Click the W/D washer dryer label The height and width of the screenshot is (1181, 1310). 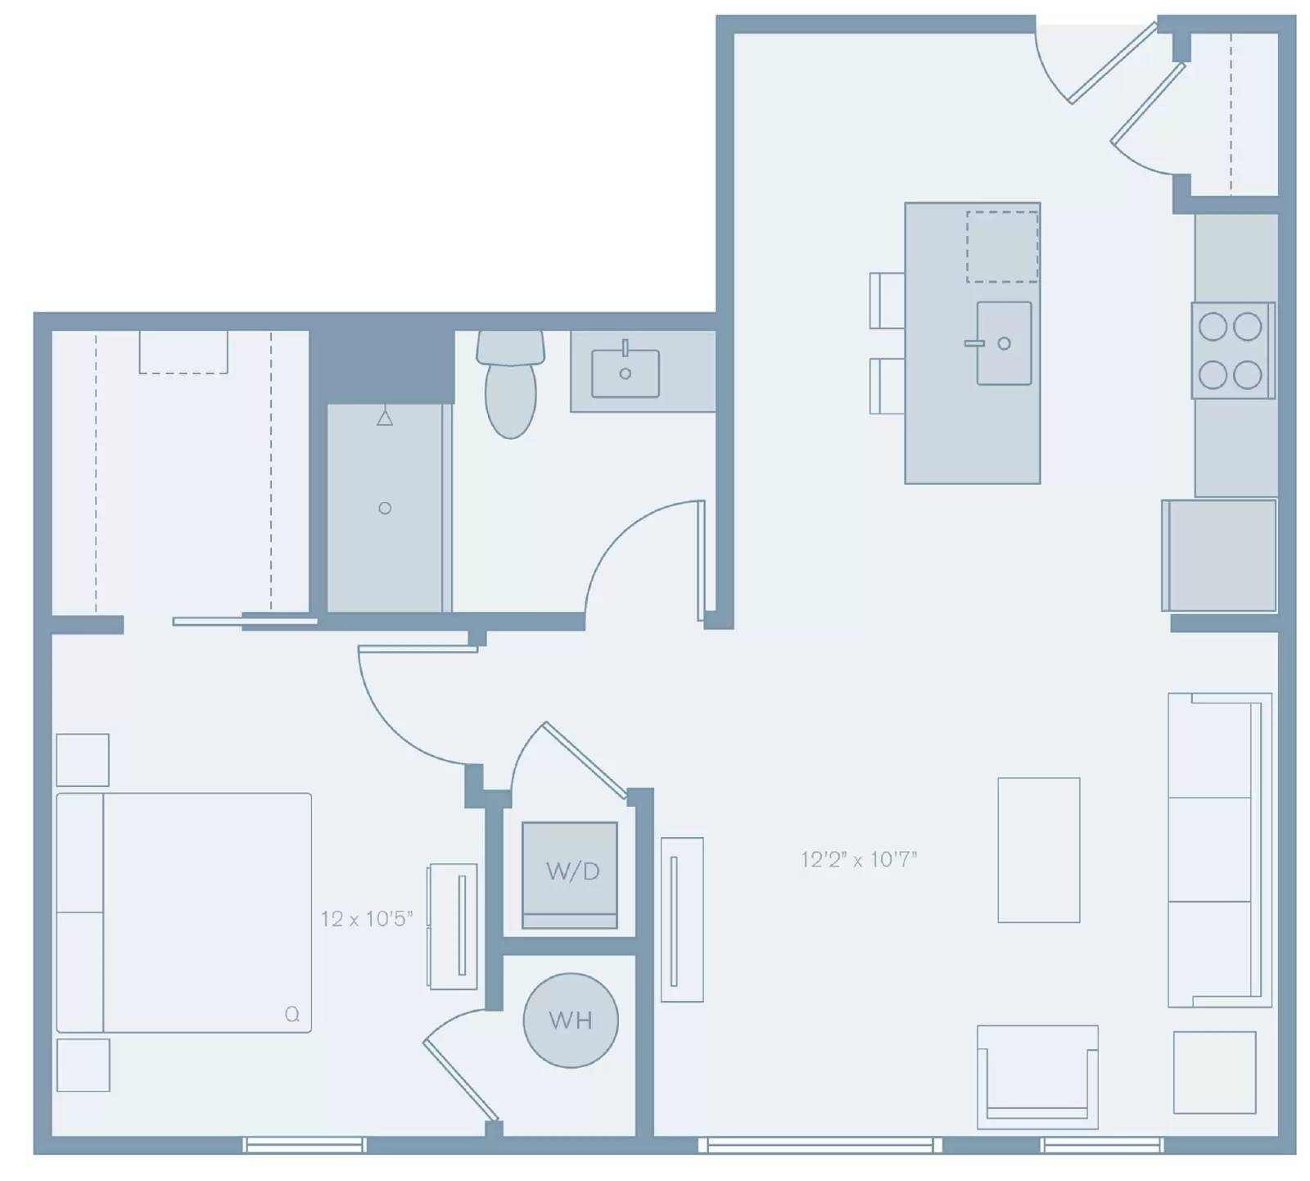572,871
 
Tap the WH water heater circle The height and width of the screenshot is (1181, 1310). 571,1020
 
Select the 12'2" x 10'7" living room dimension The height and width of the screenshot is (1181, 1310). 859,859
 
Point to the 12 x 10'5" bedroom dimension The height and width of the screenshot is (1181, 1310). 367,919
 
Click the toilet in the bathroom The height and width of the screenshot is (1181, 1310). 511,383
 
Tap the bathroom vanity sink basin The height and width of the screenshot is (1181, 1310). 626,373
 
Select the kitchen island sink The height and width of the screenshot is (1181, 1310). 1004,343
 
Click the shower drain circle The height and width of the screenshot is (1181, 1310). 385,509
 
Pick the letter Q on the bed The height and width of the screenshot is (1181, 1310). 292,1015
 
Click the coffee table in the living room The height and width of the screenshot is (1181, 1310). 1039,850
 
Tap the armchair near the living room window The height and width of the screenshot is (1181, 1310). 1037,1077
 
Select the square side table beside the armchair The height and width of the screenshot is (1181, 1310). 1215,1073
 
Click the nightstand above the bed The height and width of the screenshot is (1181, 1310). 83,760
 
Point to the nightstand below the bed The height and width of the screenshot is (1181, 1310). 83,1065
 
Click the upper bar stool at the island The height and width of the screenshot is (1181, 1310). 888,301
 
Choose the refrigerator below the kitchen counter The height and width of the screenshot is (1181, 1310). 1219,555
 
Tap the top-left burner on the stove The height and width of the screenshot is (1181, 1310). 1213,327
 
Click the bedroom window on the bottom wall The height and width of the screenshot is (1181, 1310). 305,1145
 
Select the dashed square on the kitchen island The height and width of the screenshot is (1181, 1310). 1002,247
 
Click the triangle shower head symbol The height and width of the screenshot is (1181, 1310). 385,419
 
